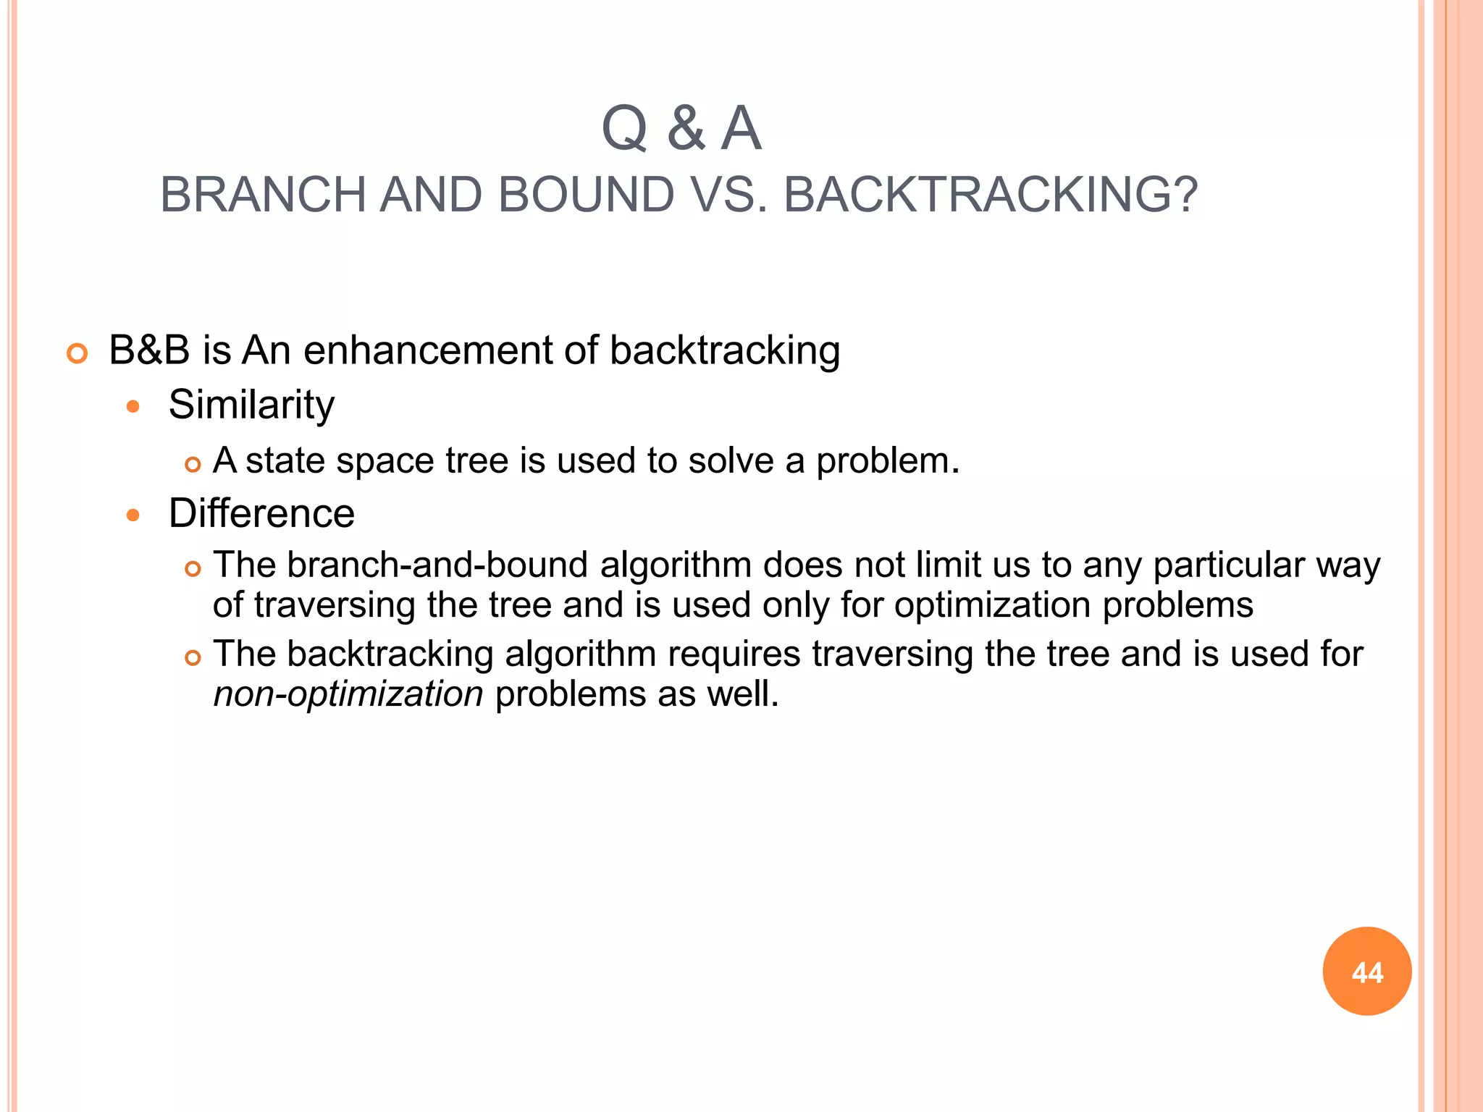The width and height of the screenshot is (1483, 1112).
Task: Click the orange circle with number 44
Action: pyautogui.click(x=1366, y=972)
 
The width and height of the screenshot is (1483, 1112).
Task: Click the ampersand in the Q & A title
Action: pyautogui.click(x=685, y=129)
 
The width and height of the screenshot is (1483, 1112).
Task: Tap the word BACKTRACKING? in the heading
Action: pyautogui.click(x=991, y=195)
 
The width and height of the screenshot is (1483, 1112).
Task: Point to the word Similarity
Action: pyautogui.click(x=251, y=404)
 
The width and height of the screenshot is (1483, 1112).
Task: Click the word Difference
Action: pyautogui.click(x=261, y=513)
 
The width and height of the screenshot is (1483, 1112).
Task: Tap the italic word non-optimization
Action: pyautogui.click(x=348, y=694)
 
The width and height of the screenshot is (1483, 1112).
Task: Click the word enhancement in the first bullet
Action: pyautogui.click(x=427, y=350)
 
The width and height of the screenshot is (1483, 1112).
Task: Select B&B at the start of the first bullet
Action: pyautogui.click(x=148, y=350)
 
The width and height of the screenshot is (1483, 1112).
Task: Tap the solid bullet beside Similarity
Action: pyautogui.click(x=133, y=407)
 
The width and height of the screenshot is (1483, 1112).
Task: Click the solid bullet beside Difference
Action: pyautogui.click(x=133, y=515)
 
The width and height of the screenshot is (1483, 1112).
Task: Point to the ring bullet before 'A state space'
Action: pyautogui.click(x=192, y=464)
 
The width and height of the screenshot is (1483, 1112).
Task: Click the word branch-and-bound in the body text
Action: pyautogui.click(x=437, y=565)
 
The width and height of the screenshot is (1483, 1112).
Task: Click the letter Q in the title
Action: pyautogui.click(x=623, y=129)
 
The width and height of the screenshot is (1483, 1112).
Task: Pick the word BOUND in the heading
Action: pyautogui.click(x=586, y=195)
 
